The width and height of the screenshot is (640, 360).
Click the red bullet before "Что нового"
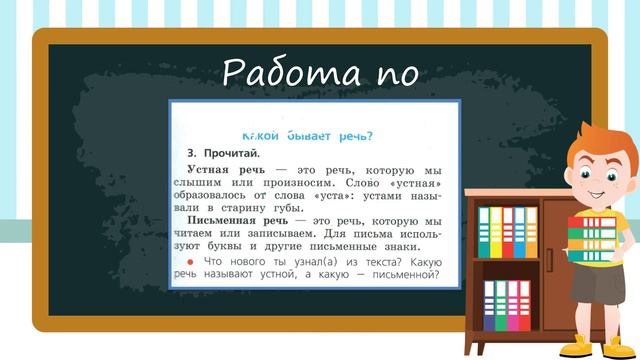(x=191, y=261)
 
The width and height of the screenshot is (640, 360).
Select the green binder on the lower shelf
(x=502, y=305)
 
